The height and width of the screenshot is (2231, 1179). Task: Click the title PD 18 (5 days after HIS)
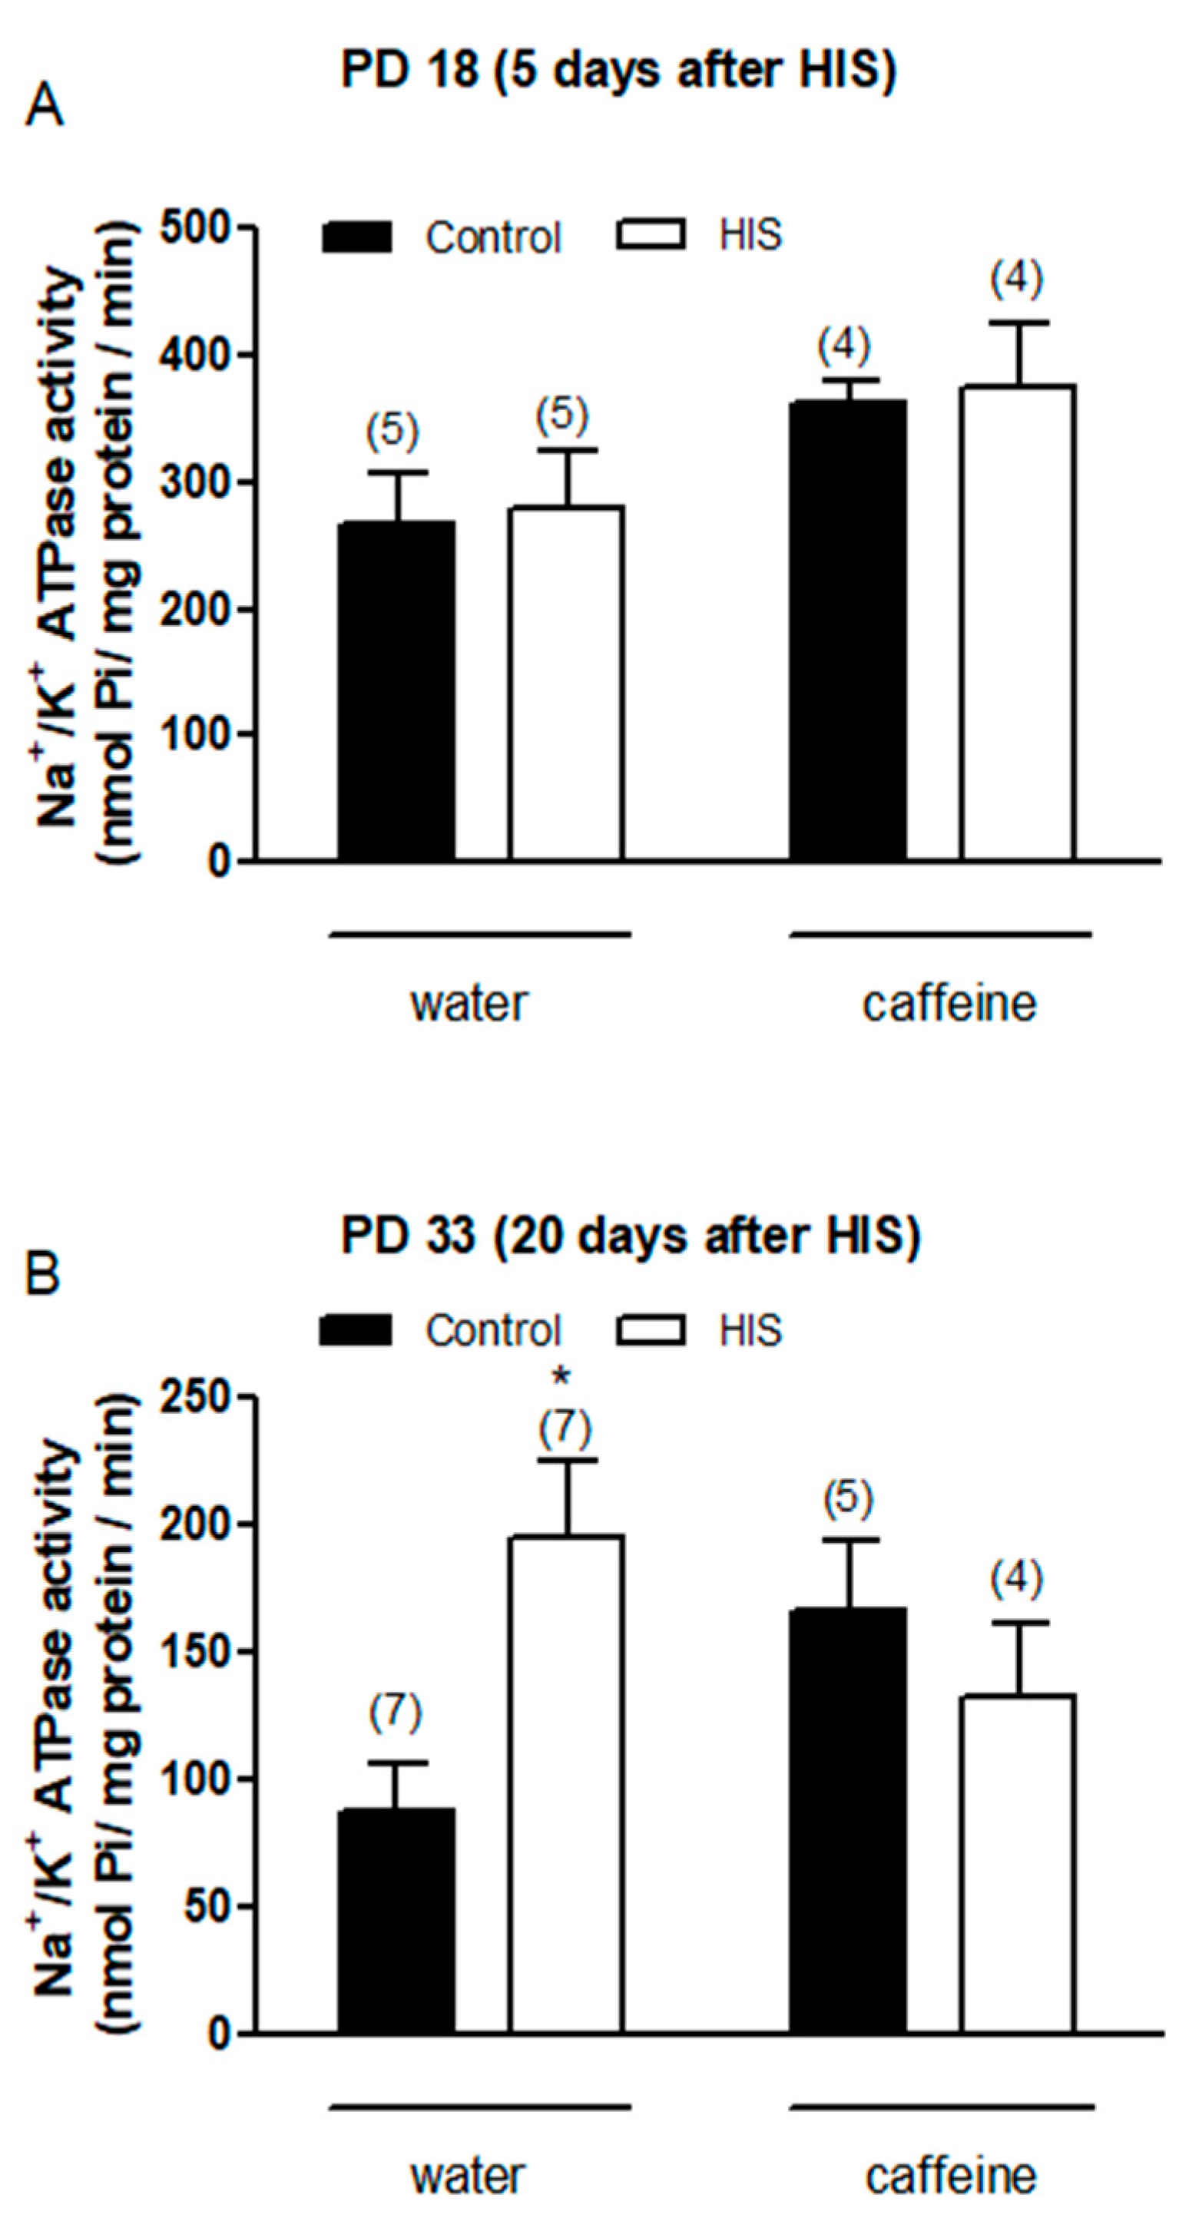click(618, 70)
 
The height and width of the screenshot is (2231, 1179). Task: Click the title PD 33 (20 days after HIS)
click(630, 1236)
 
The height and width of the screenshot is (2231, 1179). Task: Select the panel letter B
click(43, 1274)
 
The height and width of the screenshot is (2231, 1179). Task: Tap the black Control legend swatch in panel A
click(357, 237)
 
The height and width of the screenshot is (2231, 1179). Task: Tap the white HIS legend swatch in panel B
click(651, 1329)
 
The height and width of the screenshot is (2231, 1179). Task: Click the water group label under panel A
click(469, 1004)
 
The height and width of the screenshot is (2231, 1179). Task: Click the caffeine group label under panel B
click(950, 2176)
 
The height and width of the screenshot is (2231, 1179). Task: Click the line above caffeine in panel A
click(940, 935)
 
